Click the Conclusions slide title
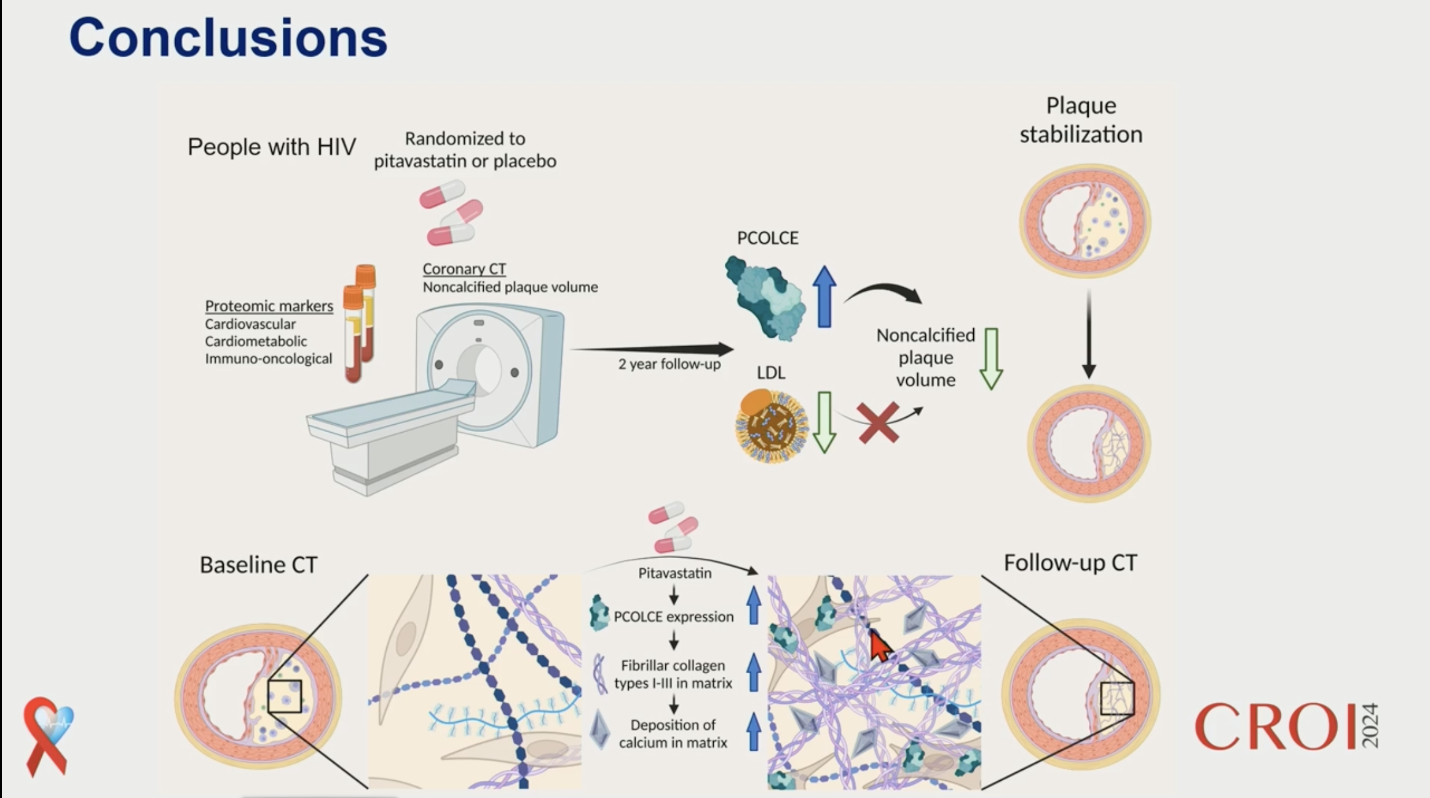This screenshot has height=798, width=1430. tap(228, 38)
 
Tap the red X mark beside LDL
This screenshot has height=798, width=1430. tap(878, 423)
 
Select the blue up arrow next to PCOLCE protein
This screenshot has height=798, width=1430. tap(824, 297)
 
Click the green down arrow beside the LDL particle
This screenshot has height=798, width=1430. tap(824, 423)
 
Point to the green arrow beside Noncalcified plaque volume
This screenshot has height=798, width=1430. tap(991, 359)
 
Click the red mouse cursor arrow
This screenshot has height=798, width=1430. tap(880, 646)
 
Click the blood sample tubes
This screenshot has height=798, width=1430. tap(359, 323)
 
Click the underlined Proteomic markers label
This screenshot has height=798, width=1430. tap(269, 306)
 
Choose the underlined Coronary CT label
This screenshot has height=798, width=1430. tap(464, 269)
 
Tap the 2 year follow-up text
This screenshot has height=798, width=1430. tap(669, 364)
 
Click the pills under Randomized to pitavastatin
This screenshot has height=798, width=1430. tap(451, 213)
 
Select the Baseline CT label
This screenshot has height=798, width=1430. tap(258, 564)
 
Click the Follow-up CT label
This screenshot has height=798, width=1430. tap(1070, 563)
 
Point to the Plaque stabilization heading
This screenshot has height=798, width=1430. tap(1081, 120)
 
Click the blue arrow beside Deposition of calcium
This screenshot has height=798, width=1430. tap(753, 732)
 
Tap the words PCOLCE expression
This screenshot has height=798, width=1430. tap(673, 617)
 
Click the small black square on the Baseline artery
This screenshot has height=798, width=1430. tap(285, 696)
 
